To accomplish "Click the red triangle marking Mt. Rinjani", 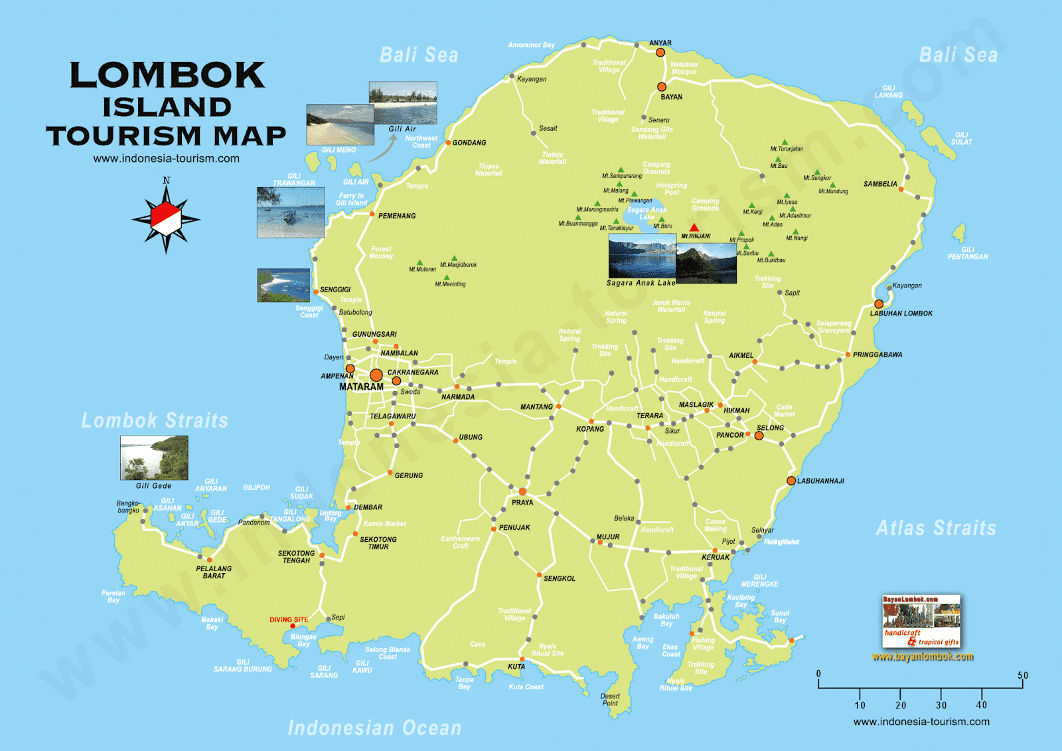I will [694, 228].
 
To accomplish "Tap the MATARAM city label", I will [361, 386].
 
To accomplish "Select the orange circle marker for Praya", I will [522, 491].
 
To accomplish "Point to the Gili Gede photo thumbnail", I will [154, 458].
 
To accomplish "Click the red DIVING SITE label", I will [289, 620].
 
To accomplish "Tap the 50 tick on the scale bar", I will [1022, 676].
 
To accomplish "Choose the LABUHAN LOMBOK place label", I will [901, 313].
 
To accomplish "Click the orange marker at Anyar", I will [660, 52].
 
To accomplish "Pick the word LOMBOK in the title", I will [167, 75].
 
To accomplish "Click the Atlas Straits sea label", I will [936, 528].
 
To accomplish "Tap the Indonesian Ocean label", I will [374, 728].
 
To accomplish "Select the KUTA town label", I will [516, 667].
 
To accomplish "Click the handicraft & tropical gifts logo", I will [921, 622].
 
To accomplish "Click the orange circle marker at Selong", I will [759, 436].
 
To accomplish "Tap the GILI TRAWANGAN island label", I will [293, 180].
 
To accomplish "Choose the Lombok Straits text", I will [155, 420].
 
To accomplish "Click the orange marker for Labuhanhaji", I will [791, 481].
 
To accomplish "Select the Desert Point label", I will [610, 700].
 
